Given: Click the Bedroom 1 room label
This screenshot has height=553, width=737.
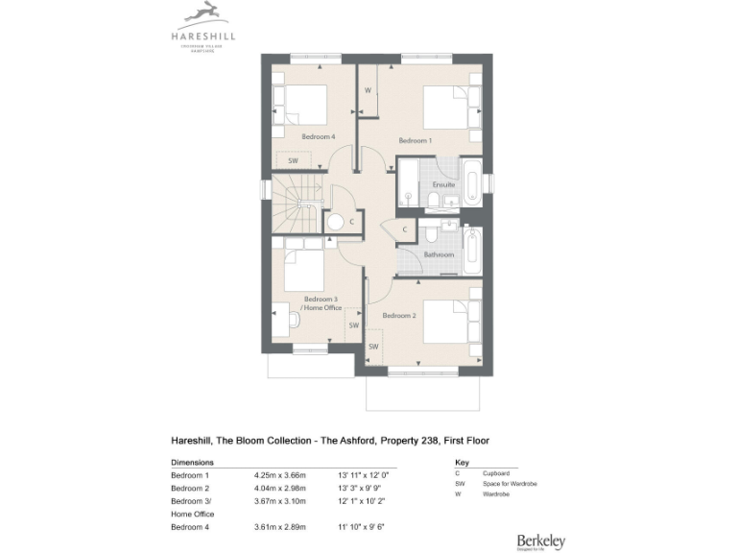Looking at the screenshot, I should point(416,141).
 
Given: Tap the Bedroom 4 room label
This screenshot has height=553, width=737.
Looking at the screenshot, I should point(318,137).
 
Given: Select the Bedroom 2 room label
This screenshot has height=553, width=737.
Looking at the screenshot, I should point(398,316).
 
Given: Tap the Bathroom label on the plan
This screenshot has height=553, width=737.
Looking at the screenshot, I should point(439,254).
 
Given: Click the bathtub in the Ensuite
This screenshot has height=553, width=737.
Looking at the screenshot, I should point(472,182).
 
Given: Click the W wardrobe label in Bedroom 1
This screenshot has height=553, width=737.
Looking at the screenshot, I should point(368,91).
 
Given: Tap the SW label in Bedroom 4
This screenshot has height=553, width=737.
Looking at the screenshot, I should point(293,160).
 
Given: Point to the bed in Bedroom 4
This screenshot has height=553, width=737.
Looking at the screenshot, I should point(299,104).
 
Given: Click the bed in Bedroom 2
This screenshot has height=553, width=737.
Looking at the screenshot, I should point(452,321).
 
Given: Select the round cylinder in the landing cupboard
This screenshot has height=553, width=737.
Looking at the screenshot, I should point(335,222).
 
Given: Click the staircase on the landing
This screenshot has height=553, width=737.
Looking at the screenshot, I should point(295,203).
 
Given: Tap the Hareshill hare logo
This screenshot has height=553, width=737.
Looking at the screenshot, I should point(202,14).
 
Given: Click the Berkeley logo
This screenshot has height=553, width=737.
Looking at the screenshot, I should point(540,516).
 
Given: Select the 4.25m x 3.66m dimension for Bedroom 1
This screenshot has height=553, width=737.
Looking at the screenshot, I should point(279,475).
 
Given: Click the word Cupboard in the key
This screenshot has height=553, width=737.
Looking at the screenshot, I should point(497,473).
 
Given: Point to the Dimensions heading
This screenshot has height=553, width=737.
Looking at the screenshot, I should point(192,462).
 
